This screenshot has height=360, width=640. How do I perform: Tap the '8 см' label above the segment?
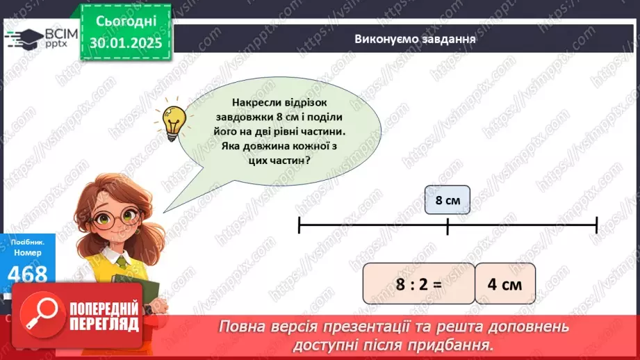(x=448, y=201)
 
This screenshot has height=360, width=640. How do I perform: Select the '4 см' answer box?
(x=506, y=284)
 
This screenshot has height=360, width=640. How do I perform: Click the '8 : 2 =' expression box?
(x=418, y=284)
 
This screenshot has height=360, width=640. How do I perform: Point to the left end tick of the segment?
(x=299, y=224)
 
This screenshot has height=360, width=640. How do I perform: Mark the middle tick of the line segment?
(x=448, y=224)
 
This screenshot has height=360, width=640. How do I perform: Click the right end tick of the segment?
(x=596, y=224)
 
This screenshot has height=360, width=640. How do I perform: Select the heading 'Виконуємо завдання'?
(x=414, y=39)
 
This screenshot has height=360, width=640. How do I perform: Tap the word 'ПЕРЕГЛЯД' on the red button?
(x=104, y=325)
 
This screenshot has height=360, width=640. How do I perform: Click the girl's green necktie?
(x=122, y=263)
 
